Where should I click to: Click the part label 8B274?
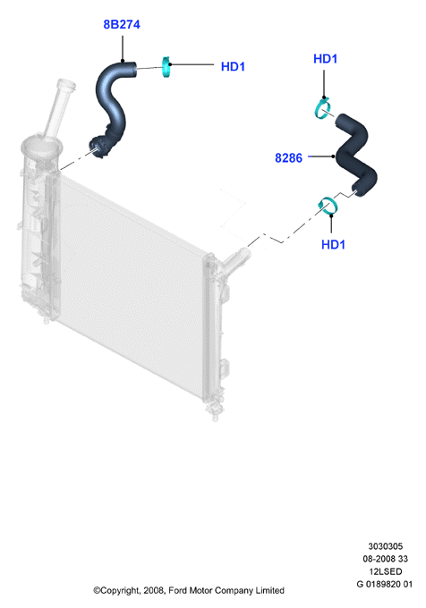[x=122, y=24]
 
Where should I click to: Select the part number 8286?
[x=288, y=158]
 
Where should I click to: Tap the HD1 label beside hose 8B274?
[x=233, y=66]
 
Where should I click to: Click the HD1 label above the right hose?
[x=325, y=58]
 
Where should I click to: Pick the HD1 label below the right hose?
[x=333, y=244]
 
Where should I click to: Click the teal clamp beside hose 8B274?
[x=166, y=67]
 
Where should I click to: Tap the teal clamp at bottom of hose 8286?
[x=328, y=206]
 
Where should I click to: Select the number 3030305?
[x=385, y=546]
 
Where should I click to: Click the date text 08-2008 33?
[x=385, y=558]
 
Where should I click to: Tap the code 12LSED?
[x=385, y=571]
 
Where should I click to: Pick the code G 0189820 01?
[x=385, y=584]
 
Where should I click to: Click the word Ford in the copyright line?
[x=178, y=590]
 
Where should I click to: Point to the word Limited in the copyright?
[x=269, y=590]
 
